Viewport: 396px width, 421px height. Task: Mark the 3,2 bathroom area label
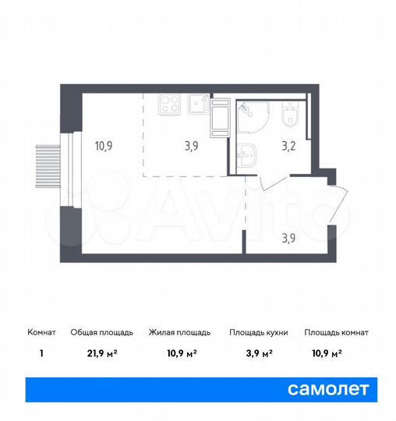click(287, 145)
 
